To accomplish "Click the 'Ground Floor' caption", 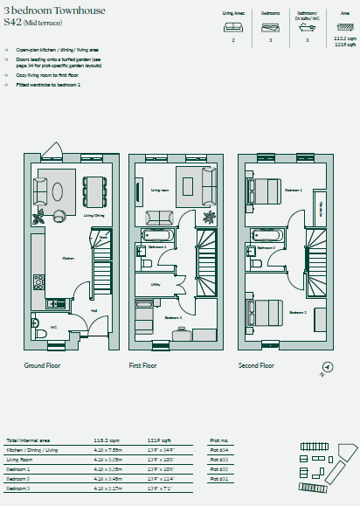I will click(x=45, y=365).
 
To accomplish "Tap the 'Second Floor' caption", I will click(x=256, y=365).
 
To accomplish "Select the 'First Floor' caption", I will click(x=147, y=365).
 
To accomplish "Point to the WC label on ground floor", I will click(x=54, y=327).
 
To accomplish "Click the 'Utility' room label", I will click(x=155, y=284).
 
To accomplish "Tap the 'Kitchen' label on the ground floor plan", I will click(x=66, y=258).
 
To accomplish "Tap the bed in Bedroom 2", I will click(x=263, y=310).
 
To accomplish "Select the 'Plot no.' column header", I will click(x=219, y=441).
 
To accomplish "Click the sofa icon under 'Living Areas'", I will click(x=232, y=26).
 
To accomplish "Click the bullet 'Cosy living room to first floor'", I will click(x=48, y=75).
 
